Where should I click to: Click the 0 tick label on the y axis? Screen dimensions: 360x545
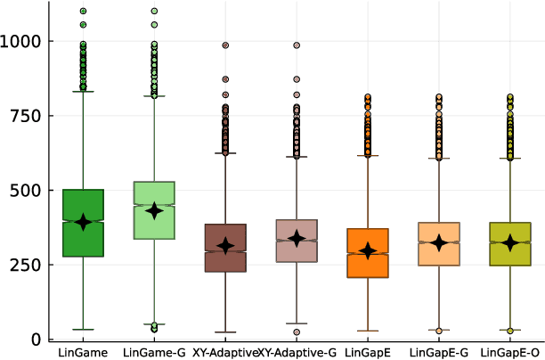coord(35,340)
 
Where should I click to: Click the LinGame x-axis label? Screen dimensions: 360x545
coord(83,353)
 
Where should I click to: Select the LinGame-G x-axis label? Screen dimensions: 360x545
coord(154,353)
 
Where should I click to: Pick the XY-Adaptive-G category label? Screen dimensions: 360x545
coord(297,353)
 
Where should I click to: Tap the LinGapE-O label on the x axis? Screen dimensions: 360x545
coord(510,353)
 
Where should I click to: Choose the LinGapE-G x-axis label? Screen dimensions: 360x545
coord(439,353)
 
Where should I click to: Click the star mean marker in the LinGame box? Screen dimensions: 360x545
coord(83,222)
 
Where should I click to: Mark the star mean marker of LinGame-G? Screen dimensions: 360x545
coord(154,210)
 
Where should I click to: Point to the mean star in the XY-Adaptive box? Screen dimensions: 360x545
coord(225,245)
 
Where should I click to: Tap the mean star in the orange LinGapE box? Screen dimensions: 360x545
coord(368,251)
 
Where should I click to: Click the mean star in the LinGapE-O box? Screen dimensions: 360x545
coord(510,242)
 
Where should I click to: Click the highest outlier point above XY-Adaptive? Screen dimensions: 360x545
coord(225,45)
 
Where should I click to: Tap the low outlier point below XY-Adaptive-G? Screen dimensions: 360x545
coord(297,332)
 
